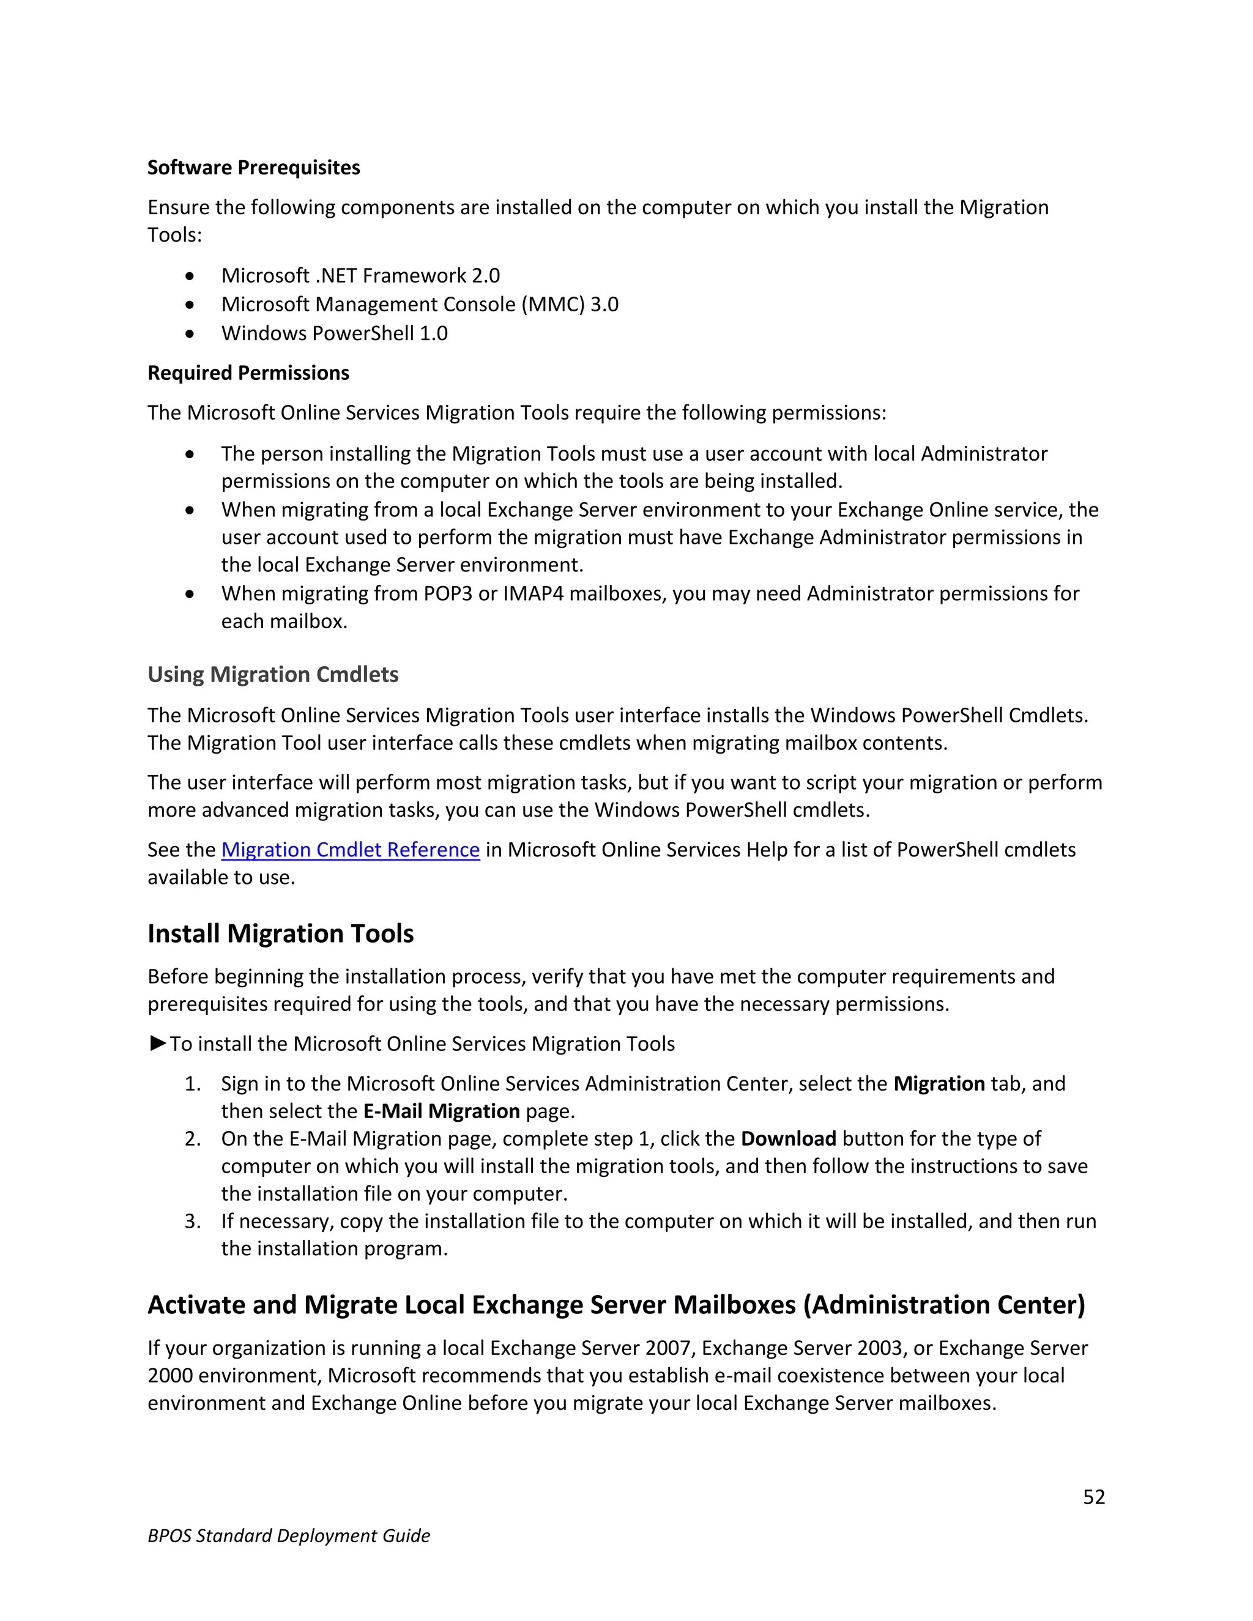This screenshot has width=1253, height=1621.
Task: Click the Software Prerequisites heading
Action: click(253, 168)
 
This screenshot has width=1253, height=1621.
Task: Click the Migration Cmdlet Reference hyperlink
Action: click(351, 850)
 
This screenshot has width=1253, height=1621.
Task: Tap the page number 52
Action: click(1093, 1497)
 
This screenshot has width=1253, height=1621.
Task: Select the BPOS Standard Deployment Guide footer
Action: click(289, 1535)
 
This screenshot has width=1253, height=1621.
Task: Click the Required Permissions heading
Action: click(248, 373)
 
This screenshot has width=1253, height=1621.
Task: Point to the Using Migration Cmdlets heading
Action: click(272, 674)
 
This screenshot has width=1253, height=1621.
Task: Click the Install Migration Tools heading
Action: click(281, 933)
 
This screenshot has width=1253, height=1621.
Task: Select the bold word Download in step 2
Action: click(788, 1138)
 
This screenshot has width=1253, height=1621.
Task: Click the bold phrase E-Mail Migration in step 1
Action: click(441, 1111)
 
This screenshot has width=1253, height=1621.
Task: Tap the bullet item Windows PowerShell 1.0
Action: click(334, 333)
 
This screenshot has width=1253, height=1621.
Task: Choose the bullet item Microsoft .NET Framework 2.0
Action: click(360, 275)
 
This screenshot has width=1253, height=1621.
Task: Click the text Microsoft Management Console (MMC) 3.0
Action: click(419, 304)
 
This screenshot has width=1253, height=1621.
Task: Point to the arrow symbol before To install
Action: click(157, 1044)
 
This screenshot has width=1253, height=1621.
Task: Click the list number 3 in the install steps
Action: click(191, 1221)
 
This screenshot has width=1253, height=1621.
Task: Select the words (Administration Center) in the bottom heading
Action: click(944, 1305)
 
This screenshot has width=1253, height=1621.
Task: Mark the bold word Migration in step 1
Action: click(939, 1084)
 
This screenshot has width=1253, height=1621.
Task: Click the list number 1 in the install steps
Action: click(191, 1084)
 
